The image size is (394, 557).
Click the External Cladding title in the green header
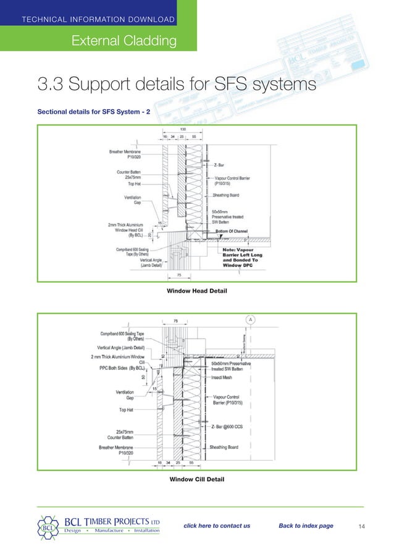[124, 41]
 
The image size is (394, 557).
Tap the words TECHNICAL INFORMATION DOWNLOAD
[98, 20]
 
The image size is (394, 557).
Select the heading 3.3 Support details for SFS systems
[177, 83]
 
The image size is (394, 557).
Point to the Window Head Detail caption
[196, 290]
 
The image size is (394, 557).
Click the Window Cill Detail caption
[196, 479]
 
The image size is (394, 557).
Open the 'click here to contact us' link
[217, 526]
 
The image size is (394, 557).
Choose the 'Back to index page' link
[306, 526]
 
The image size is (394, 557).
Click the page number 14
[363, 526]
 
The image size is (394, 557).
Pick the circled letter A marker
[251, 319]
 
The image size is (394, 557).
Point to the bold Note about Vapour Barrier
[245, 258]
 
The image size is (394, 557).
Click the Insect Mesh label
[222, 377]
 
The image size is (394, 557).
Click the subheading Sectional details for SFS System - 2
[99, 113]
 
